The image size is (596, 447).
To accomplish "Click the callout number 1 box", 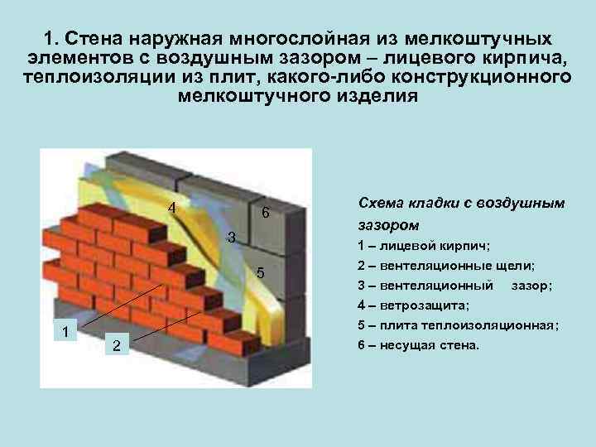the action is (x=65, y=329).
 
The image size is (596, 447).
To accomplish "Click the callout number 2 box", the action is (x=117, y=344).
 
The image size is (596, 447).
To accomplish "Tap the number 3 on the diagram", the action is (x=231, y=238).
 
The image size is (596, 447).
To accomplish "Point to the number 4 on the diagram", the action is (x=172, y=208).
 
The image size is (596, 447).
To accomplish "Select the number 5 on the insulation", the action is (x=261, y=273).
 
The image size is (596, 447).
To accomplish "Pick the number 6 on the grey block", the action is (x=266, y=212).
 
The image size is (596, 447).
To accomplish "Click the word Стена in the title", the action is (x=94, y=38).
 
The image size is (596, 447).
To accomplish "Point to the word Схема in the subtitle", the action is (x=381, y=203).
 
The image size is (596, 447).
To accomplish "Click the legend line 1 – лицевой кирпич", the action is (x=424, y=246).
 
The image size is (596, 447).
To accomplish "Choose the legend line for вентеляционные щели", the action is (x=446, y=266).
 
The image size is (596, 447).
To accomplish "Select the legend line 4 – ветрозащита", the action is (x=414, y=305).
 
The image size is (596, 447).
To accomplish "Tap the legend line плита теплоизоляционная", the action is (x=458, y=325).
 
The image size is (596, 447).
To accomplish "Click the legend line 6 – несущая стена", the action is (x=419, y=345).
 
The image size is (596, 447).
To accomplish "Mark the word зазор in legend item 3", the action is (x=529, y=286).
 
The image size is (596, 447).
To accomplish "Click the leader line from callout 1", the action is (x=123, y=305).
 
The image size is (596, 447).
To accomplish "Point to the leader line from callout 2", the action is (x=167, y=326).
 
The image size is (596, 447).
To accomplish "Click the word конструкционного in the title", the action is (x=481, y=77).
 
